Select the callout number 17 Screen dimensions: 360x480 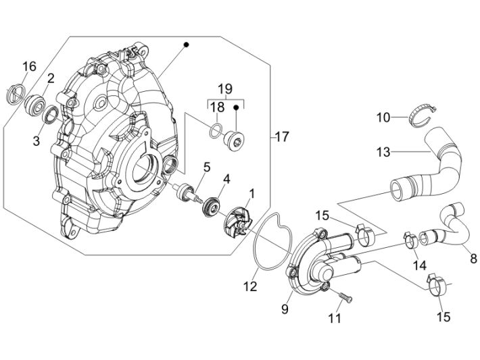[x=281, y=137]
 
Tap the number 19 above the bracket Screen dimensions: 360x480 [x=224, y=88]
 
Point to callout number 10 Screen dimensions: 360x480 [x=383, y=117]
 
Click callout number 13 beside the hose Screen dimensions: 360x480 [x=402, y=153]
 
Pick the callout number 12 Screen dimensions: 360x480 [x=251, y=286]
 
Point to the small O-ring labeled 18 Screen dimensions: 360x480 [x=215, y=129]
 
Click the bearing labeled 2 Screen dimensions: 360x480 [x=34, y=104]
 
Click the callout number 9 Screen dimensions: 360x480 [x=285, y=309]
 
